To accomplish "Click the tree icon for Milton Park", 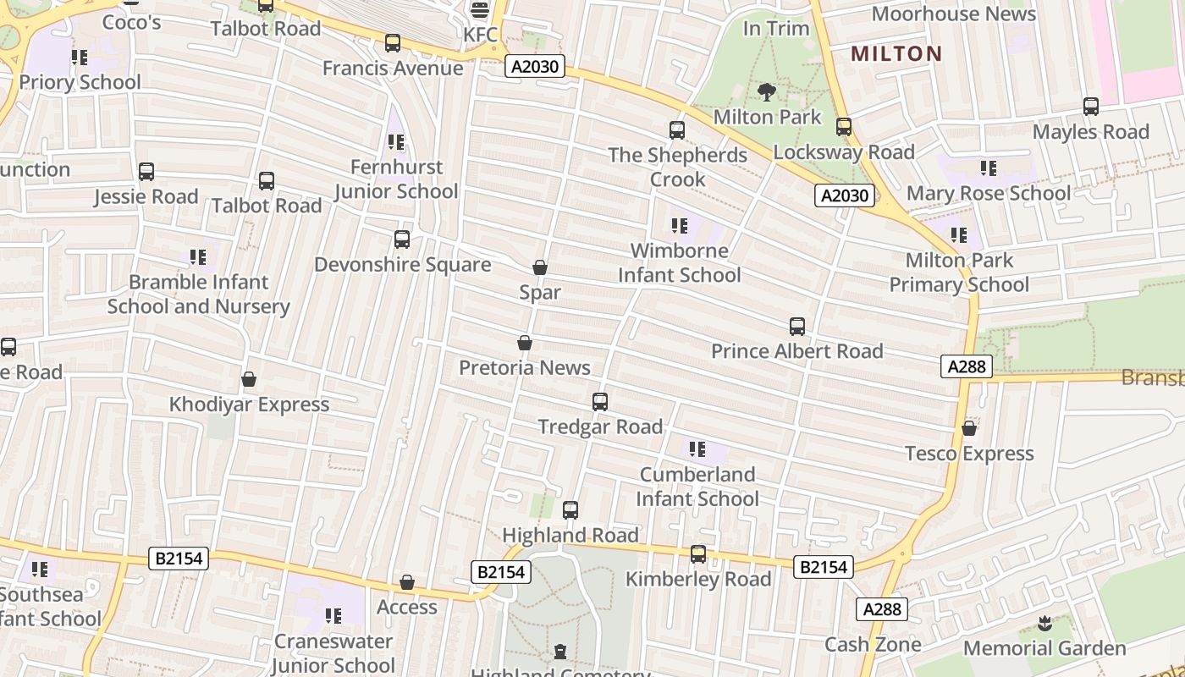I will click(767, 92).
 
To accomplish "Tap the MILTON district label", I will click(896, 54).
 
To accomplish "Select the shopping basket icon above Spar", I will click(540, 268).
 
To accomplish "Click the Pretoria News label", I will click(525, 367).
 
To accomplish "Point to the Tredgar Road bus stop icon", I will click(600, 402).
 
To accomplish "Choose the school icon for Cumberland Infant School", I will click(697, 449).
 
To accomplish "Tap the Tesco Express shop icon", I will click(969, 429).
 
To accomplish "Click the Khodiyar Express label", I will click(249, 405).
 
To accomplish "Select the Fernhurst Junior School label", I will click(396, 179).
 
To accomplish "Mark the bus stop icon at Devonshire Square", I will click(402, 239).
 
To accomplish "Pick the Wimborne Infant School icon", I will click(679, 226).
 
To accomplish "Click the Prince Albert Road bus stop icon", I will click(796, 327).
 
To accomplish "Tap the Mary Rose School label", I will click(988, 193).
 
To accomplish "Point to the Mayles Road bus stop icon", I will click(1091, 107).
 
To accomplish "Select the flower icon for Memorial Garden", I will click(1044, 625).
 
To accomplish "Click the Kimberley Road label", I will click(698, 579).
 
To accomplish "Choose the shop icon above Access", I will click(407, 582).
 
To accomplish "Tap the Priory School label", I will click(80, 82).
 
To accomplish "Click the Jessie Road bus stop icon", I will click(146, 172).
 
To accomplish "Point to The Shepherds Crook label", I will click(677, 167).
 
